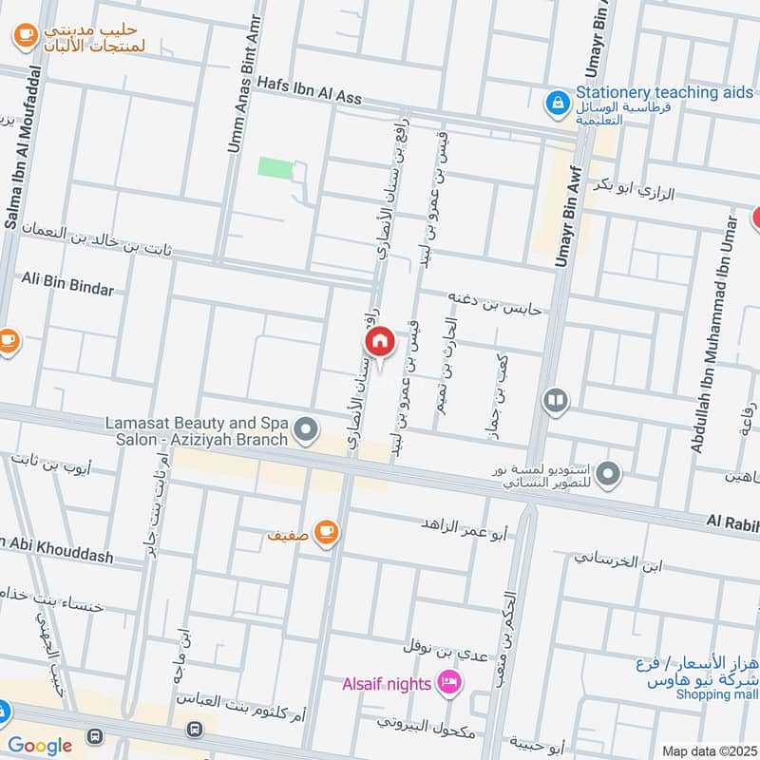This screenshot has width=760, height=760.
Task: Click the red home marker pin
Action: [x=379, y=342]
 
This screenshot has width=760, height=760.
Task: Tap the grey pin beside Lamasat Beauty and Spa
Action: [x=305, y=431]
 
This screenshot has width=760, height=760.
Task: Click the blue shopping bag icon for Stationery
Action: [x=557, y=100]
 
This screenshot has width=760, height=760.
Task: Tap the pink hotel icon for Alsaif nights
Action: [x=449, y=682]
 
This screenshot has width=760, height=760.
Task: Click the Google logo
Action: [x=40, y=746]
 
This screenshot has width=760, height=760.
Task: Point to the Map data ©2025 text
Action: [x=707, y=750]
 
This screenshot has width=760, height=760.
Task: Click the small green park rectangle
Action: [x=275, y=167]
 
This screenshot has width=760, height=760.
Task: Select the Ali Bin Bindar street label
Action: [x=67, y=288]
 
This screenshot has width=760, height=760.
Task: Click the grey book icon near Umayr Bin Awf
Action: [x=556, y=401]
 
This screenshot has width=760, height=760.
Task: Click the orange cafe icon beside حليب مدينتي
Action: [x=25, y=36]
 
